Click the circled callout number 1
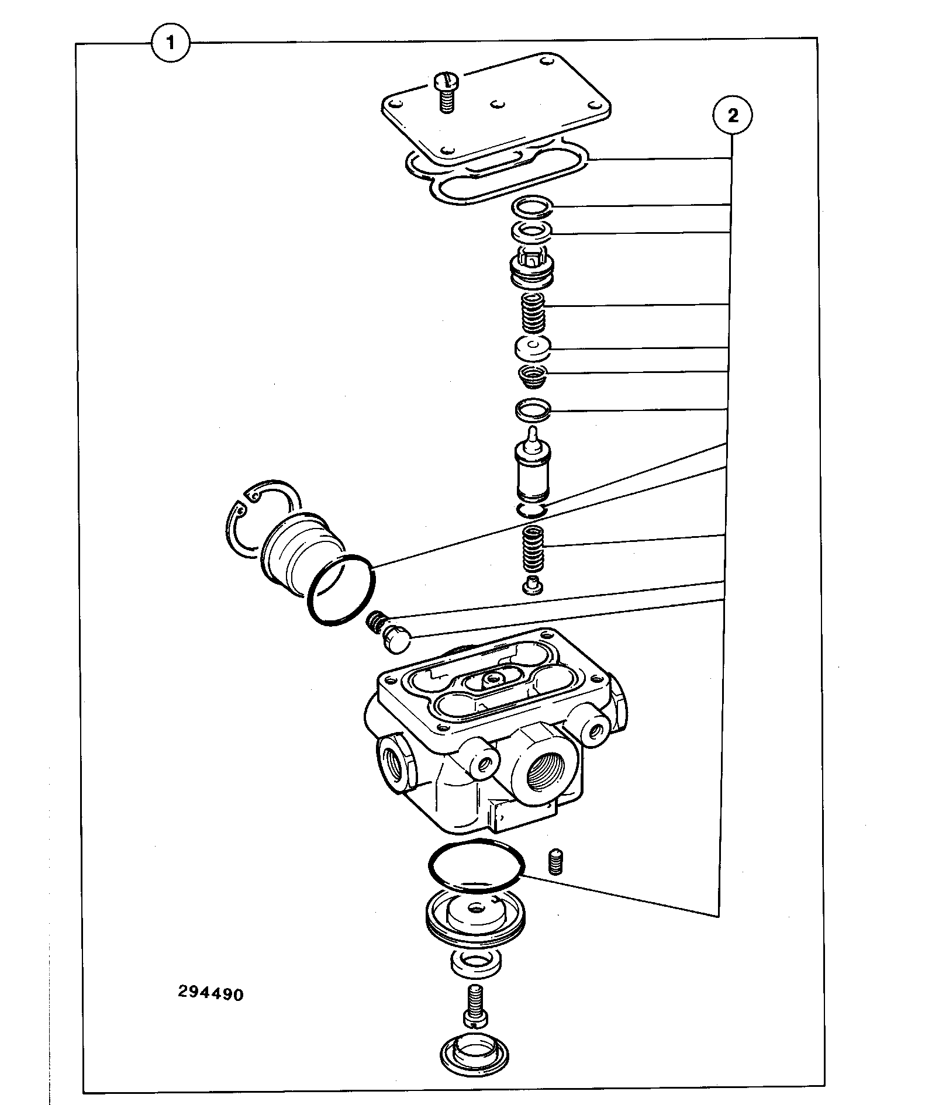[171, 42]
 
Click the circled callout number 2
[732, 115]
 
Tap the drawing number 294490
[210, 993]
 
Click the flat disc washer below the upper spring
[532, 350]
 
